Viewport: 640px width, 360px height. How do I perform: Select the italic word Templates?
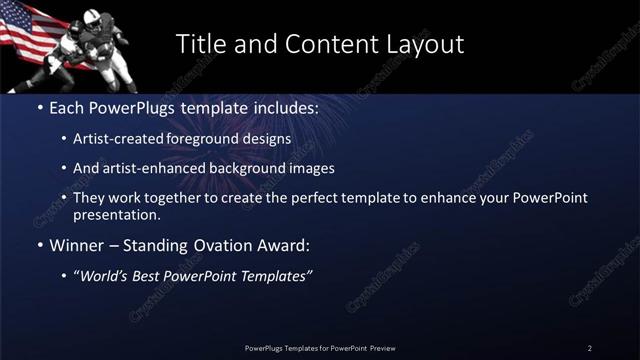coord(274,276)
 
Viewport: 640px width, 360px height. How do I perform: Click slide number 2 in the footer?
coord(590,348)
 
